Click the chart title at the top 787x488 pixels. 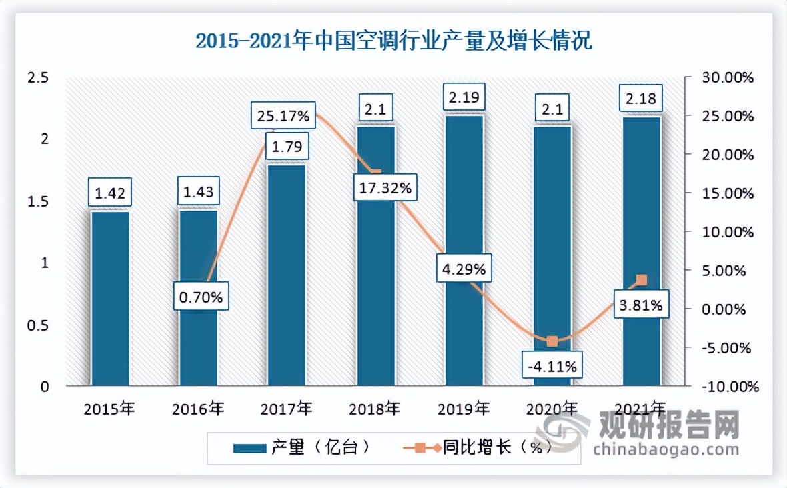[x=393, y=41]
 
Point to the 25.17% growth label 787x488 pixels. [x=283, y=117]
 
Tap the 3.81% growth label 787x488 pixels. [x=640, y=306]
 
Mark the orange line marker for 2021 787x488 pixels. [x=641, y=279]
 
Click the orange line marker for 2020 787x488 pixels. [x=552, y=341]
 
